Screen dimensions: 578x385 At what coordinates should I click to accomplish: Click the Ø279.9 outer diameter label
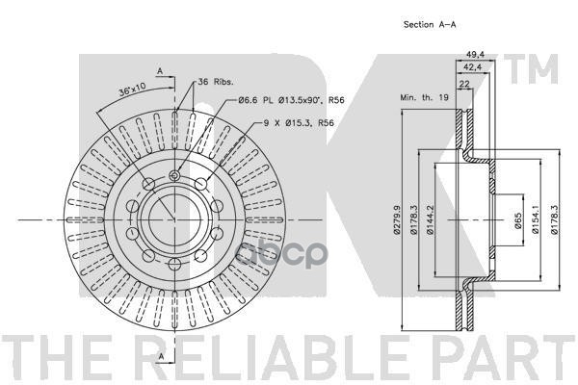397,221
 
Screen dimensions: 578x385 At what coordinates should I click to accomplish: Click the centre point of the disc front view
173,220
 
